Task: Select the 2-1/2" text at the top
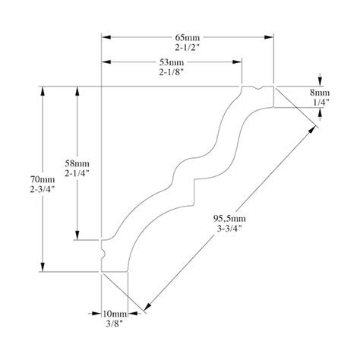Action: tap(188, 46)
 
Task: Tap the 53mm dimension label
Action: tap(174, 62)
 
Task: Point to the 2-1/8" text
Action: tap(174, 72)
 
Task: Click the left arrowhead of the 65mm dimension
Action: tap(106, 36)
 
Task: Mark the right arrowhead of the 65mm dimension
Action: tap(270, 36)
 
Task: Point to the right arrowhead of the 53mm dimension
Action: tap(238, 62)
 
